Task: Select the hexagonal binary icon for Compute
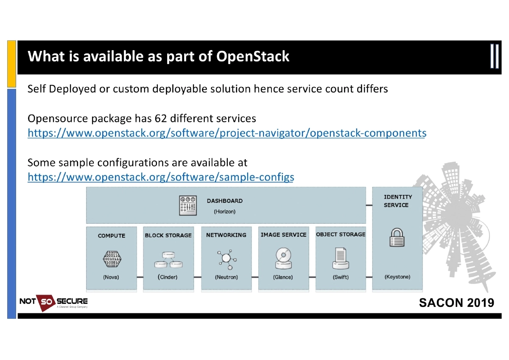pos(111,258)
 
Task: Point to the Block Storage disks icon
pos(168,259)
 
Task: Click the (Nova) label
pos(111,277)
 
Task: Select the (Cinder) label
pos(168,277)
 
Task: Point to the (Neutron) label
pos(227,277)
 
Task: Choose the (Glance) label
pos(283,277)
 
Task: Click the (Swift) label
pos(341,277)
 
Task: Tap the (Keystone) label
pos(397,277)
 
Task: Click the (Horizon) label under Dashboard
pos(224,211)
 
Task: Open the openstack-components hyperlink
pos(227,133)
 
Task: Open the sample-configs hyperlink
pos(161,177)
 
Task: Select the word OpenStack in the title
pos(253,56)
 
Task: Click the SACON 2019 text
pos(456,303)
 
